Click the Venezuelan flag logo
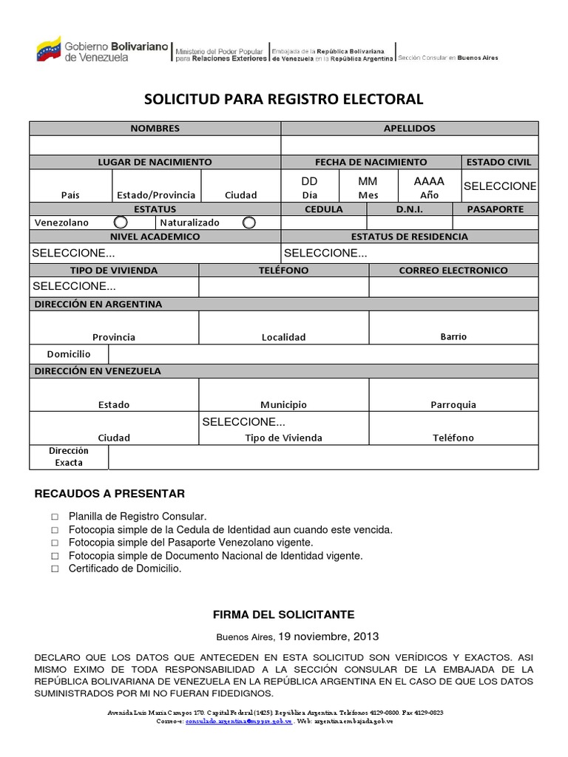pyautogui.click(x=50, y=50)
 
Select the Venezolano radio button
pyautogui.click(x=120, y=222)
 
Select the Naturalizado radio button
pyautogui.click(x=249, y=222)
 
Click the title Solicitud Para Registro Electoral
pyautogui.click(x=283, y=99)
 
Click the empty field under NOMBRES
pyautogui.click(x=155, y=145)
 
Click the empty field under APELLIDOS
pyautogui.click(x=409, y=145)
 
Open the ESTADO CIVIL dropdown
pyautogui.click(x=500, y=186)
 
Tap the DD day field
pyautogui.click(x=309, y=182)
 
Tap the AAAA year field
pyautogui.click(x=429, y=182)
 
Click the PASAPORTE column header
pyautogui.click(x=501, y=209)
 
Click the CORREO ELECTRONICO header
pyautogui.click(x=453, y=271)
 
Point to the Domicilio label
pyautogui.click(x=69, y=354)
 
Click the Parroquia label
pyautogui.click(x=453, y=404)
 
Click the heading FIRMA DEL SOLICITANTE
pyautogui.click(x=283, y=614)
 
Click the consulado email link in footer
pyautogui.click(x=239, y=721)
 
